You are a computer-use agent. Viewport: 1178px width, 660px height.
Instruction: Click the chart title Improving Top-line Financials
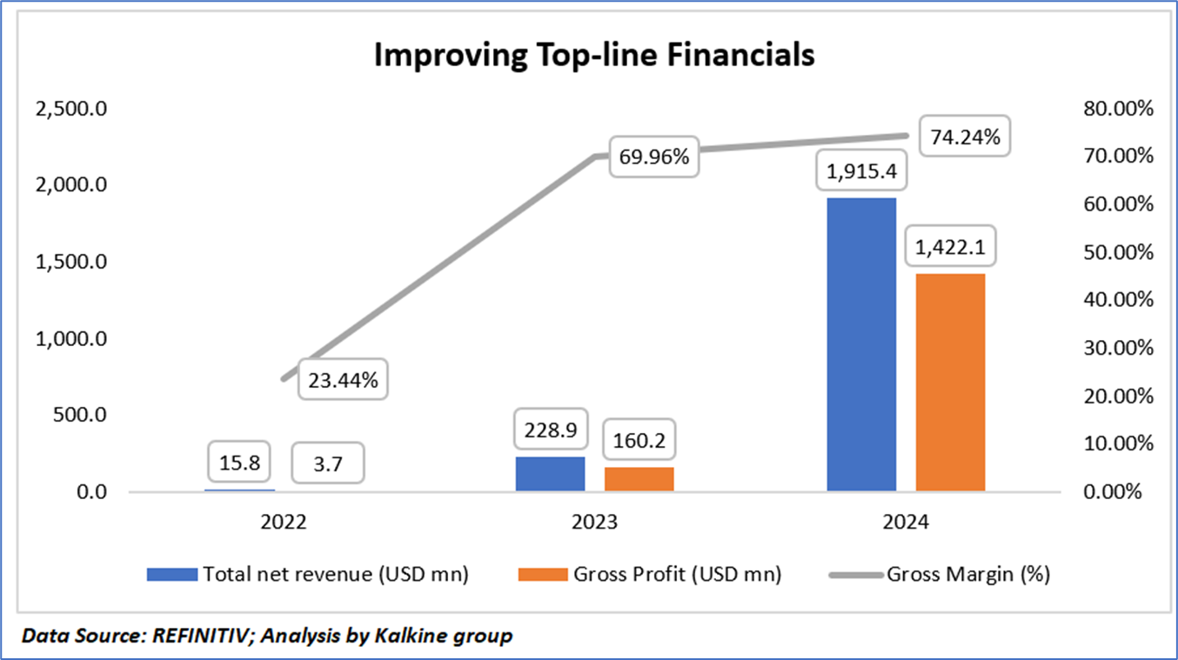(x=594, y=54)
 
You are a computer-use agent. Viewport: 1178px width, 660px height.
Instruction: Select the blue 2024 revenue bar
(x=861, y=344)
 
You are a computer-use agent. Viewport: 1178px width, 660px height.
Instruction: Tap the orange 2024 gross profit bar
(x=950, y=383)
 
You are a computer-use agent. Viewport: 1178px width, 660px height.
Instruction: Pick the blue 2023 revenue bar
(x=550, y=474)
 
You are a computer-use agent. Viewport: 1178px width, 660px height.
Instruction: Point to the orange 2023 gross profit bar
(x=639, y=479)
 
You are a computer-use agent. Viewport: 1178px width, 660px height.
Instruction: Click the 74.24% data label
(x=966, y=137)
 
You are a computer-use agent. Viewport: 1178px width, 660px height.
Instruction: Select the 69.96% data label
(x=653, y=157)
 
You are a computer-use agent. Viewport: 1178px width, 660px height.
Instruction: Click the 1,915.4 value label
(x=861, y=171)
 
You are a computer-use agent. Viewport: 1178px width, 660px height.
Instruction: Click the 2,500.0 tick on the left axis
(x=70, y=110)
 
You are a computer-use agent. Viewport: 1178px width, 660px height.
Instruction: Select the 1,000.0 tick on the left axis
(x=70, y=339)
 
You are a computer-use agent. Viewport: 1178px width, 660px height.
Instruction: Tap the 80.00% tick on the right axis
(x=1117, y=110)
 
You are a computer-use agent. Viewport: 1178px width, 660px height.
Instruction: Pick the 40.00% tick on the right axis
(x=1117, y=301)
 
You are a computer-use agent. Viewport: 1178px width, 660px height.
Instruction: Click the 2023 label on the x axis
(x=594, y=523)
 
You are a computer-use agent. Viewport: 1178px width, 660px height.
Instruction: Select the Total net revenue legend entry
(x=335, y=574)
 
